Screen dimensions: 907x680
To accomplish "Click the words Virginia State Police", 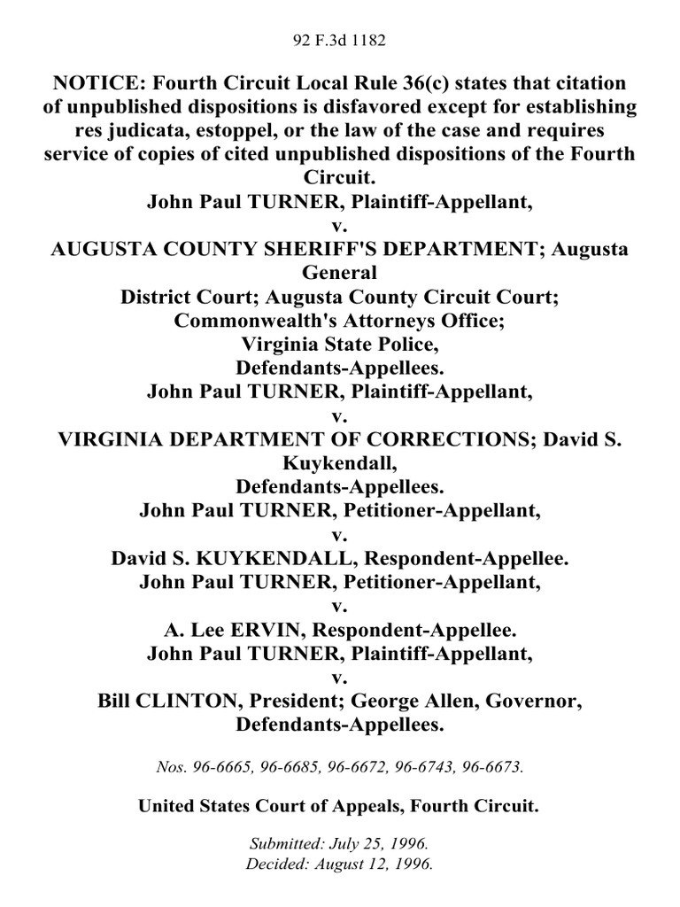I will (x=339, y=342).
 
